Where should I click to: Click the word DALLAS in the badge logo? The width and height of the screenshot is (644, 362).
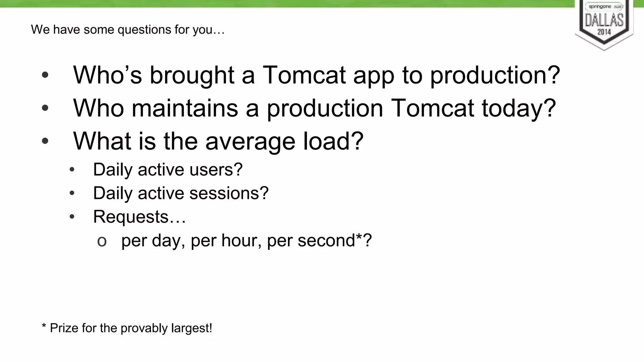604,20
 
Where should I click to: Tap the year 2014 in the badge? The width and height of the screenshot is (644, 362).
604,32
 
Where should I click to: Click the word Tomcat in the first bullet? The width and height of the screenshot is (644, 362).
304,75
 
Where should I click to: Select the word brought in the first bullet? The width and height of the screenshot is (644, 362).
192,76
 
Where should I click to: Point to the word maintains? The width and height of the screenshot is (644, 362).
185,108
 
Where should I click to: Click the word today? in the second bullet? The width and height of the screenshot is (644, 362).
519,109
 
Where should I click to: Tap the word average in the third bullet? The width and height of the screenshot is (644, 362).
250,141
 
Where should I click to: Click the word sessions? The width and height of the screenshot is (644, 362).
229,193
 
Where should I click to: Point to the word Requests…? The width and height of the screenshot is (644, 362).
139,217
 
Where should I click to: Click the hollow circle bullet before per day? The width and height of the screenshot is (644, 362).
102,242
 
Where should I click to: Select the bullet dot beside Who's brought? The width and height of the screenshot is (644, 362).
45,75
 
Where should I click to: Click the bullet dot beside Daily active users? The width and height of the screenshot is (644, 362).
72,170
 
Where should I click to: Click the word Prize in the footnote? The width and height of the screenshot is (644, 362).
64,328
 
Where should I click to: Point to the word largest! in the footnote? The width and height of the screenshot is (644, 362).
192,328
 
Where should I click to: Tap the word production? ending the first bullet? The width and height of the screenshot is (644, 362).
495,76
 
